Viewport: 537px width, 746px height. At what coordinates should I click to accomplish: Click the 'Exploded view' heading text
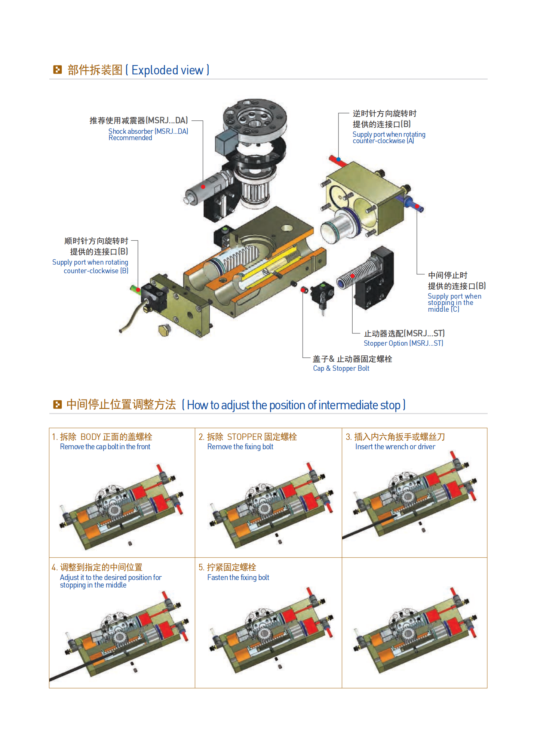(167, 70)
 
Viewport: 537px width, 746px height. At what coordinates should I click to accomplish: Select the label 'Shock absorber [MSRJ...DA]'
(148, 131)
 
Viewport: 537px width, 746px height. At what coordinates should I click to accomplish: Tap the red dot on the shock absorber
(203, 187)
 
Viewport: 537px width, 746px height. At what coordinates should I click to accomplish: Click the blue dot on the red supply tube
(338, 159)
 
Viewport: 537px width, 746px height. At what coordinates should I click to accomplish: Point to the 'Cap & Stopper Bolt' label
(341, 369)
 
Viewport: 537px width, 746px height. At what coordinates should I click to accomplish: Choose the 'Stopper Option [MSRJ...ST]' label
(403, 343)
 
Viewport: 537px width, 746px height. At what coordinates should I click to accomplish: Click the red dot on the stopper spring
(352, 276)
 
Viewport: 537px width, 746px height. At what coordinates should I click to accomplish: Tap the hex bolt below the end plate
(165, 330)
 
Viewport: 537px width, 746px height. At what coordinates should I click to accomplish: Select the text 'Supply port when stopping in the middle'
(454, 303)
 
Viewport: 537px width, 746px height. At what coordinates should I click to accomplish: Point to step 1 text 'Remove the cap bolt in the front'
(105, 447)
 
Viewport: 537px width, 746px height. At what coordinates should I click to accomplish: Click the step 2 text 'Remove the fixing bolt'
(240, 447)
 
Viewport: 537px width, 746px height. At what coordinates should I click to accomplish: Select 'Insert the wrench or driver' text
(395, 447)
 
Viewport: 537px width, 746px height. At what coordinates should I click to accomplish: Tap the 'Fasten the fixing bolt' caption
(238, 577)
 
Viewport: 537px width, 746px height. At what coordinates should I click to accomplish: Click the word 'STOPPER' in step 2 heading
(245, 437)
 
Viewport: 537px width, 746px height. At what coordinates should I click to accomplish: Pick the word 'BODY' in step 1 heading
(90, 437)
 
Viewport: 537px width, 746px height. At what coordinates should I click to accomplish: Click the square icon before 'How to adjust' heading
(57, 404)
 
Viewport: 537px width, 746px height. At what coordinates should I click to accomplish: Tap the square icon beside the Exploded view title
(57, 70)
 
